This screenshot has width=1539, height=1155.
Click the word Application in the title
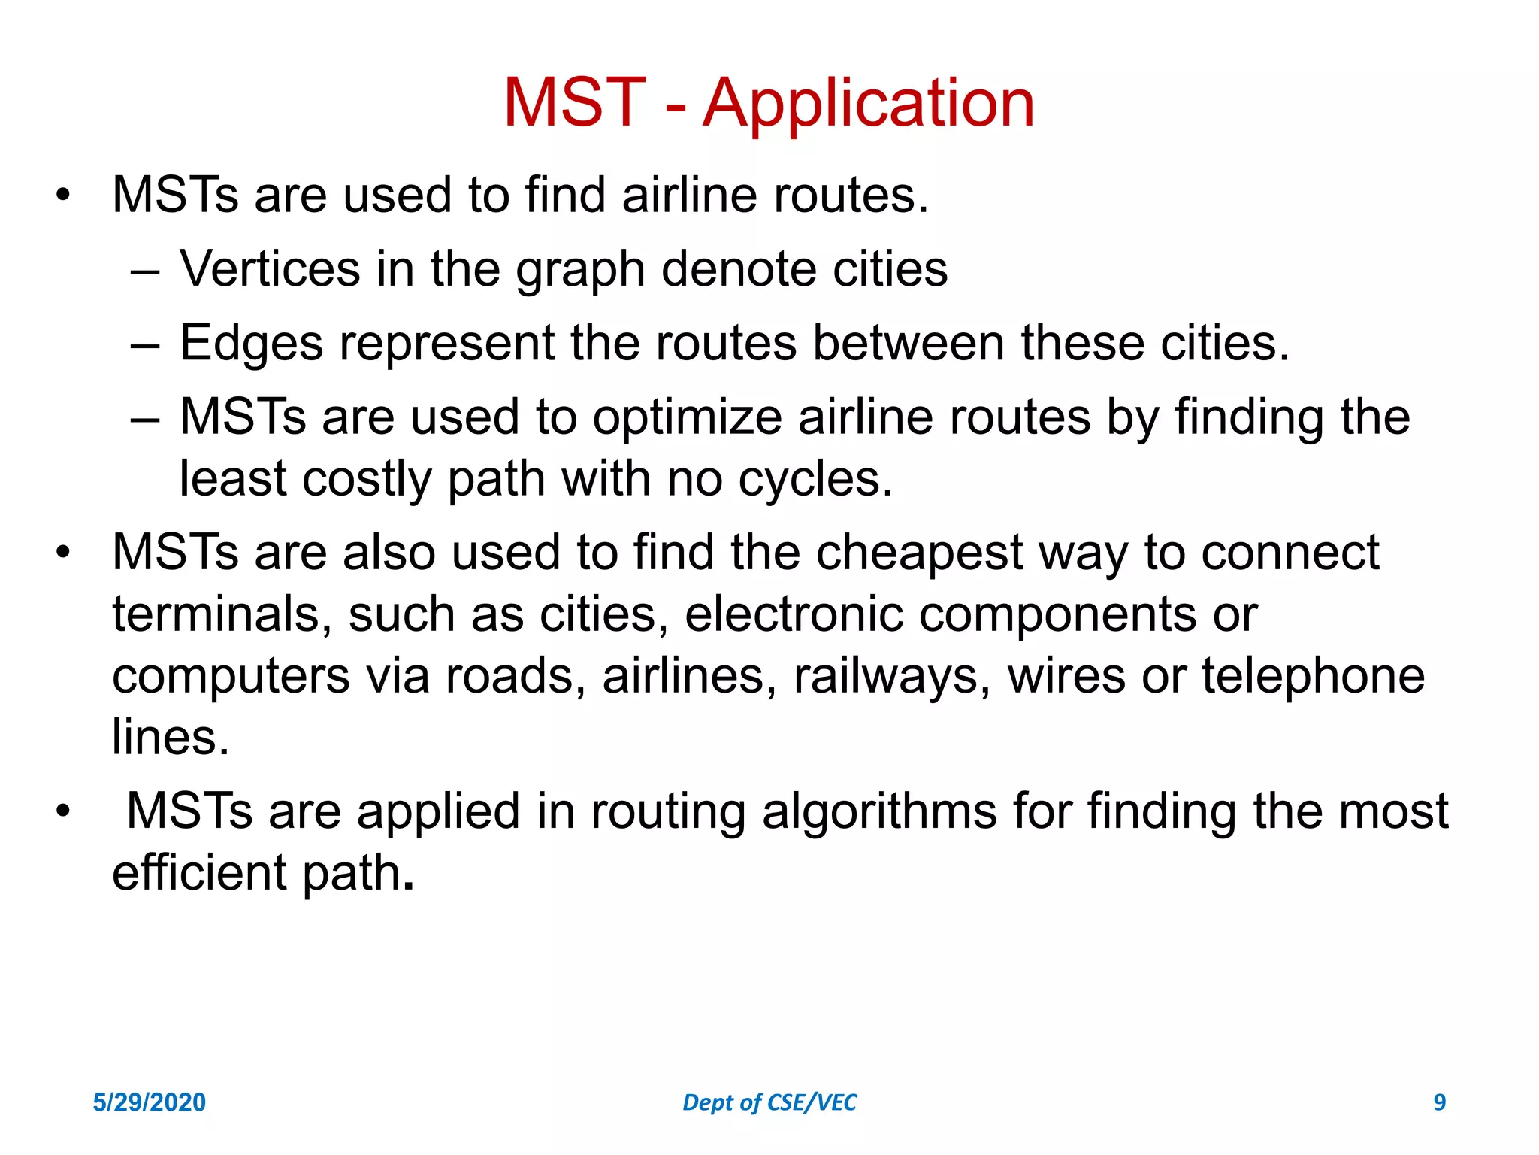point(868,103)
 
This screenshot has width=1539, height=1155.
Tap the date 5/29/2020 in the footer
point(149,1102)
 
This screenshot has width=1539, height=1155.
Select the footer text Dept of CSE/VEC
point(769,1102)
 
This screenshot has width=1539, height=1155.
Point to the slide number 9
point(1439,1102)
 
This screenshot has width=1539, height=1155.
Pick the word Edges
point(252,343)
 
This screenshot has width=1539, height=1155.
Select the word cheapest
point(919,552)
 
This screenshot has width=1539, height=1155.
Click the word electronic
point(794,614)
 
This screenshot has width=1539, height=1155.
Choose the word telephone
point(1313,676)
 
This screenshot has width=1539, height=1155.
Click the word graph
point(580,270)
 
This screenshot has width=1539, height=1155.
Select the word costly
point(366,479)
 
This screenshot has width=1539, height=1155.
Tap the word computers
point(231,676)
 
